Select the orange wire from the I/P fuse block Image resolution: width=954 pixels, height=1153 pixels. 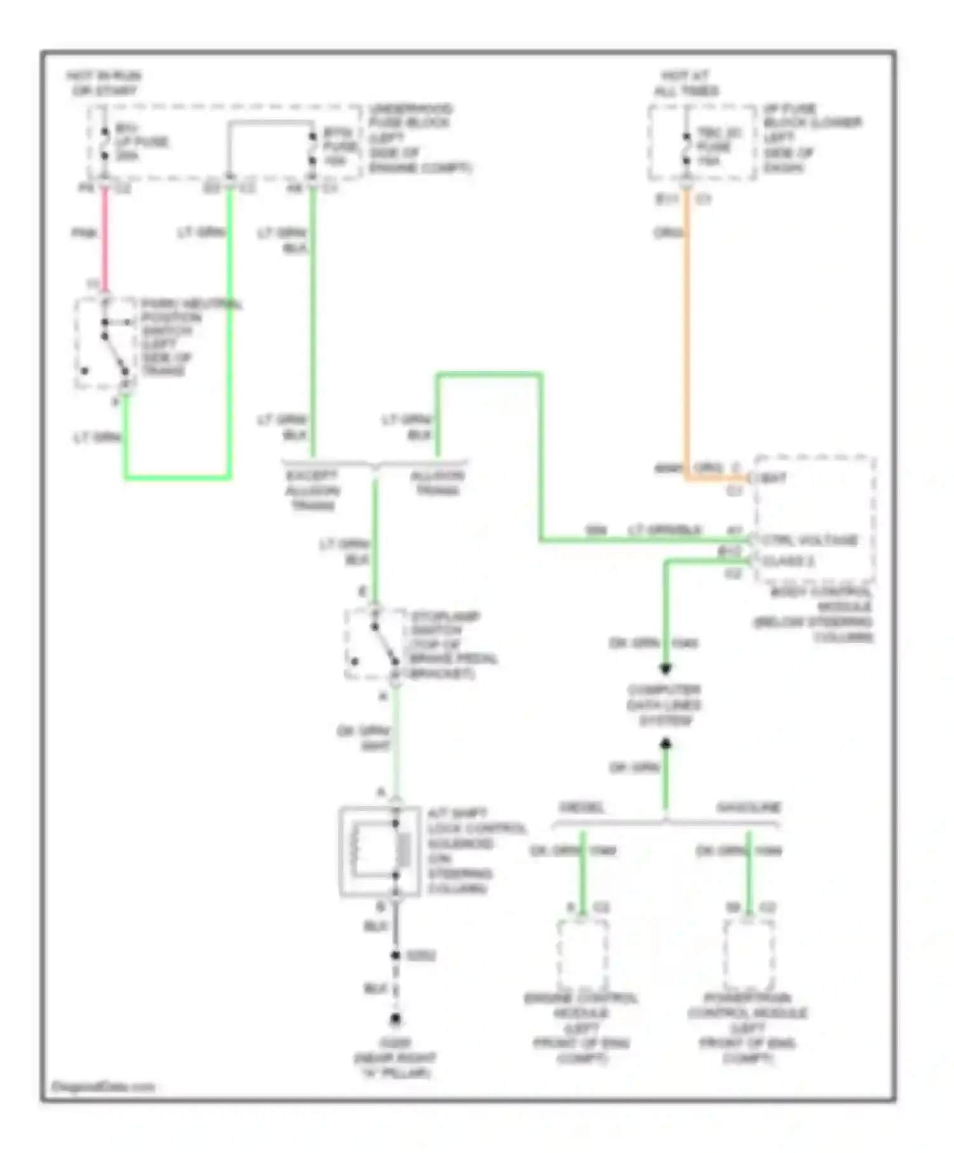tap(686, 331)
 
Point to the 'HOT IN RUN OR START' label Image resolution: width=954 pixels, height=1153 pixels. tap(104, 83)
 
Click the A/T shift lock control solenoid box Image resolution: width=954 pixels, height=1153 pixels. tap(380, 851)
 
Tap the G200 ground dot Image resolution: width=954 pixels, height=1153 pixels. tap(396, 1019)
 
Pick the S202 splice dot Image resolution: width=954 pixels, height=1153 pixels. tap(396, 955)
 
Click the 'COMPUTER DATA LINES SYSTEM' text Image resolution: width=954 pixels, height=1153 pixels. tap(664, 705)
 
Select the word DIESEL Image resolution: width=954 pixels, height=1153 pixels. tap(582, 808)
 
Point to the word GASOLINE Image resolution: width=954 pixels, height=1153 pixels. tap(749, 808)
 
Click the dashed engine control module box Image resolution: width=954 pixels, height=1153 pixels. tap(582, 953)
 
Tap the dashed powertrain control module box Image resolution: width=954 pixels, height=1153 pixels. tap(749, 953)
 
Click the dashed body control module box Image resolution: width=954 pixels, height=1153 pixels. tap(814, 518)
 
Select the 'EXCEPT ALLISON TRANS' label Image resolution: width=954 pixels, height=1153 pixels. tap(312, 490)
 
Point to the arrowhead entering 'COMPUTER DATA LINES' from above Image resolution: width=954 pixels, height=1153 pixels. tap(665, 669)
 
